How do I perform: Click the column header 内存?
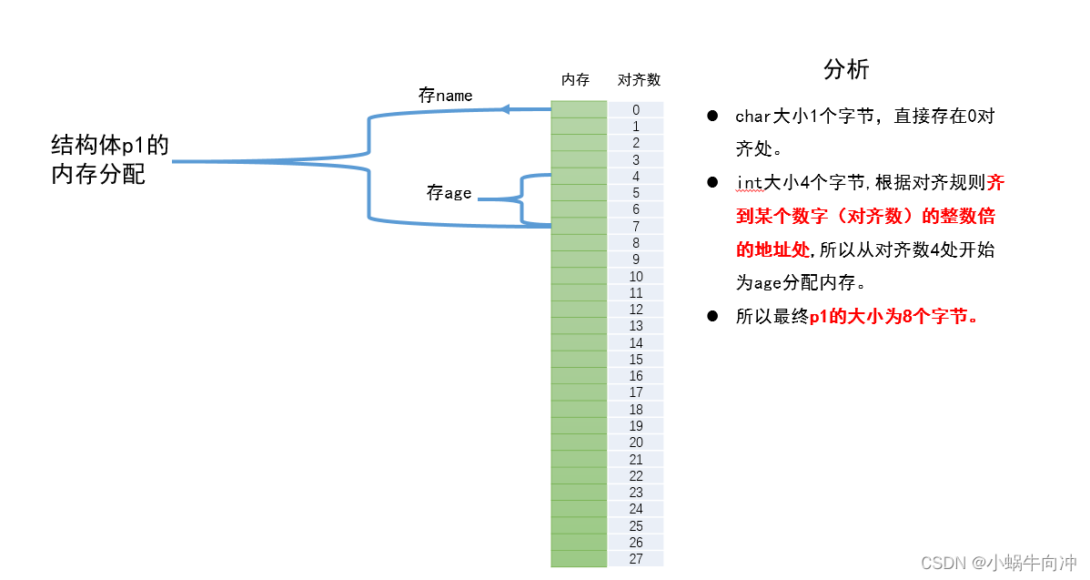pyautogui.click(x=575, y=80)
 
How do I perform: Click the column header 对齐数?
pyautogui.click(x=639, y=80)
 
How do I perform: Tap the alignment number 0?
pyautogui.click(x=636, y=110)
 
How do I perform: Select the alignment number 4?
pyautogui.click(x=636, y=177)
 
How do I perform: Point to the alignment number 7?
pyautogui.click(x=636, y=226)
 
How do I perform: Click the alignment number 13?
pyautogui.click(x=636, y=326)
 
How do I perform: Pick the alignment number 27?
pyautogui.click(x=636, y=559)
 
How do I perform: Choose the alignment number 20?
pyautogui.click(x=636, y=443)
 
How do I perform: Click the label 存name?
pyautogui.click(x=445, y=96)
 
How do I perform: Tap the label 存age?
pyautogui.click(x=449, y=193)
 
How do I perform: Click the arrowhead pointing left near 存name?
pyautogui.click(x=505, y=109)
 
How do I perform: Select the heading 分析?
pyautogui.click(x=846, y=69)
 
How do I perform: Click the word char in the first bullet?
pyautogui.click(x=753, y=117)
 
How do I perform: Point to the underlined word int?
pyautogui.click(x=748, y=183)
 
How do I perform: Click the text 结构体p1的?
pyautogui.click(x=110, y=146)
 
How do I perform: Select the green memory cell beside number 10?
pyautogui.click(x=579, y=276)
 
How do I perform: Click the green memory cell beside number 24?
pyautogui.click(x=579, y=509)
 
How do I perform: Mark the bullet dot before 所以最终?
pyautogui.click(x=714, y=317)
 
